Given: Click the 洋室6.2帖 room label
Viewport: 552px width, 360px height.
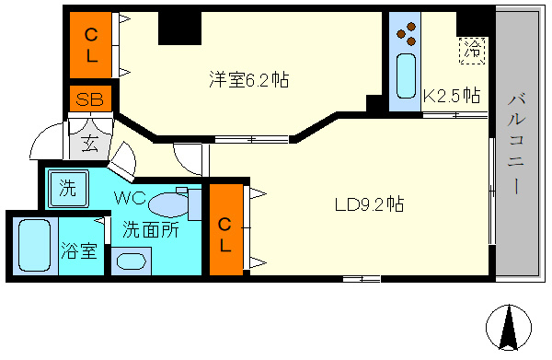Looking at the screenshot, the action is (249, 79).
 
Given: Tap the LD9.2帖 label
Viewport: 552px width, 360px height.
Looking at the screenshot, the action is (369, 204).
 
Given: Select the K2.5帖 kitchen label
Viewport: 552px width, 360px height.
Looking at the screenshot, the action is (452, 95).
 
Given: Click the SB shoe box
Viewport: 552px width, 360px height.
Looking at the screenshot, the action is (90, 99).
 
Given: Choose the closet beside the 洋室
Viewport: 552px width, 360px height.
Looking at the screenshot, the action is (91, 45).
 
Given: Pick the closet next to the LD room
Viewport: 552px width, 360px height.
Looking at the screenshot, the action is (226, 229).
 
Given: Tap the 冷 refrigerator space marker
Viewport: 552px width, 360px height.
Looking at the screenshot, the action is (472, 51).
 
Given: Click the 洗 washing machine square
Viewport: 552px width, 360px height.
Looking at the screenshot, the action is (68, 189).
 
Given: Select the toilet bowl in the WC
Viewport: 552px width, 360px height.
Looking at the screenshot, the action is (168, 205).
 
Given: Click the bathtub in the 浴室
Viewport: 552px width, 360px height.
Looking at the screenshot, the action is (34, 246).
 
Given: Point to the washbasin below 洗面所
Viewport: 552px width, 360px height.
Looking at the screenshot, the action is (131, 261).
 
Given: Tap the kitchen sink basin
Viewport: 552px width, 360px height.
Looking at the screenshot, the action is (406, 76).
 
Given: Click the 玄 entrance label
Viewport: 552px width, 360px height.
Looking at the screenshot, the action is (89, 143).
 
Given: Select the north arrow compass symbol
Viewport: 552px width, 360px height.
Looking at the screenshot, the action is (509, 327).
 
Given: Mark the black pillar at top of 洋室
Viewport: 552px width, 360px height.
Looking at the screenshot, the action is (179, 29).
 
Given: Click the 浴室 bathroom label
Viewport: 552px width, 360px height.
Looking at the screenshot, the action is (79, 250).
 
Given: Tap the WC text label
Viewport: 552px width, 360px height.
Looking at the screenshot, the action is (131, 198).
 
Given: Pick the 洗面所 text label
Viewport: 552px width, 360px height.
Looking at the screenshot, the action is (151, 229).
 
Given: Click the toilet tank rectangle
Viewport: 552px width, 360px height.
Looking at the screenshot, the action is (195, 205).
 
